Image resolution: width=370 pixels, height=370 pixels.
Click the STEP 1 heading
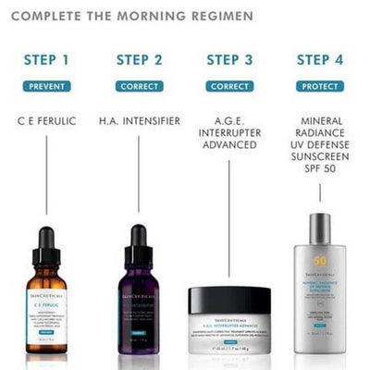[47, 61]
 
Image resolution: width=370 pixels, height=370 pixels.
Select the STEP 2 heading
[140, 61]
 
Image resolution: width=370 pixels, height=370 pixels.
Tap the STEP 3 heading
[230, 61]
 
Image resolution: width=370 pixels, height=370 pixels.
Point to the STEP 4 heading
[320, 61]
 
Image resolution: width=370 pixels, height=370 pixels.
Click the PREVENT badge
[47, 86]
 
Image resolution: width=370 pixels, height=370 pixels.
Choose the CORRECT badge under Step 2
[140, 86]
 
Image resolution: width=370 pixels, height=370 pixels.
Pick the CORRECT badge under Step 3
[230, 86]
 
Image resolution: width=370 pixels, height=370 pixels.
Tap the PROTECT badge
[320, 86]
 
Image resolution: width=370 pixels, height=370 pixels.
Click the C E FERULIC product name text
[47, 121]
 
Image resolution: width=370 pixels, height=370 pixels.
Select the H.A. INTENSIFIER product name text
[140, 121]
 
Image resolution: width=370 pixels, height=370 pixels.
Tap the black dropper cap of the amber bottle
[47, 242]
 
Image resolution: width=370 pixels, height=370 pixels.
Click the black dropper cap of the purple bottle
[140, 242]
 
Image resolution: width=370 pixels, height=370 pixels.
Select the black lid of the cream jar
[229, 299]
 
